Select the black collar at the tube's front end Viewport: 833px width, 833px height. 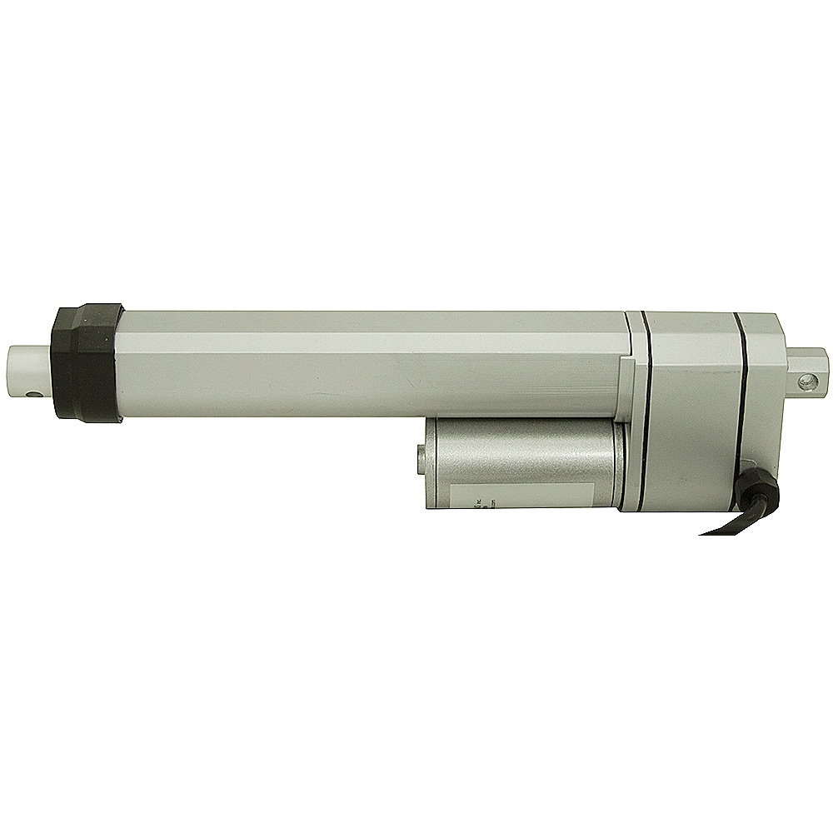[x=86, y=362]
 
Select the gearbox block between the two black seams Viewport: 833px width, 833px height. [x=691, y=416]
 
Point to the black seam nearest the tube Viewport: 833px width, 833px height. [x=646, y=416]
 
